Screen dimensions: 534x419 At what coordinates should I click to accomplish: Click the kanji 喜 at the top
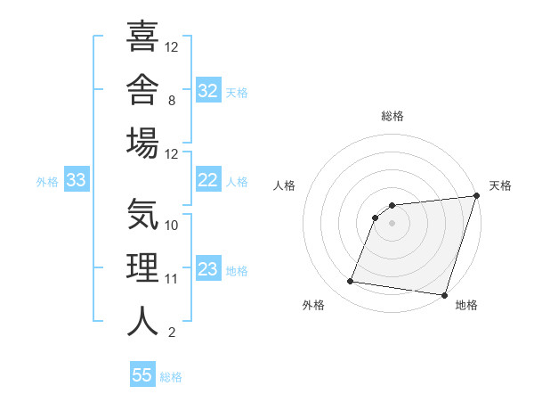pos(142,36)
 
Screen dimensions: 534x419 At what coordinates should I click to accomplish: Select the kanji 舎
pos(142,89)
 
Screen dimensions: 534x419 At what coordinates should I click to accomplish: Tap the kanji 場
pos(142,143)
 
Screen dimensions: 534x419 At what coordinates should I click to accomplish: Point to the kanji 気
pos(142,214)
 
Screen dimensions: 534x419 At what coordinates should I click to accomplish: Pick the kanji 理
pos(142,267)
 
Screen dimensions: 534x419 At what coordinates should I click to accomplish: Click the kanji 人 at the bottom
pos(142,321)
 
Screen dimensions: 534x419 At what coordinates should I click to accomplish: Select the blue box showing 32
pos(208,90)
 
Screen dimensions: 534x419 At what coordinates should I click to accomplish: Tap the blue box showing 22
pos(208,179)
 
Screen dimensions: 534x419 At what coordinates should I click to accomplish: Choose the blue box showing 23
pos(208,267)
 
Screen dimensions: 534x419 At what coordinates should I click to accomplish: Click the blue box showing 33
pos(77,179)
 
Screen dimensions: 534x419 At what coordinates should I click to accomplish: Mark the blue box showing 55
pos(142,374)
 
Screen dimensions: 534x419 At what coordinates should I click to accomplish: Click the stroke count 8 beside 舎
pos(172,101)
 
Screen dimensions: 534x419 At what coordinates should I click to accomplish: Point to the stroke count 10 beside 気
pos(171,226)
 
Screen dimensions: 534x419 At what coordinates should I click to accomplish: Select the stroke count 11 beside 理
pos(171,279)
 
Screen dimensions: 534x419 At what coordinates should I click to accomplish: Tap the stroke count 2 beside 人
pos(172,333)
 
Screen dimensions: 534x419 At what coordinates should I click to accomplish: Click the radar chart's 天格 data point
pos(477,195)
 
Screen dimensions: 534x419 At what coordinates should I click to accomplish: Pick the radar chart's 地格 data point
pos(444,295)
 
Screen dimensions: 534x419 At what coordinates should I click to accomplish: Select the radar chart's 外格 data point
pos(350,281)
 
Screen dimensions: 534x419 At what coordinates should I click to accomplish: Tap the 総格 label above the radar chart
pos(392,116)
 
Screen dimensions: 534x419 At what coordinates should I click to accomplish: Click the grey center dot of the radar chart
pos(392,224)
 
